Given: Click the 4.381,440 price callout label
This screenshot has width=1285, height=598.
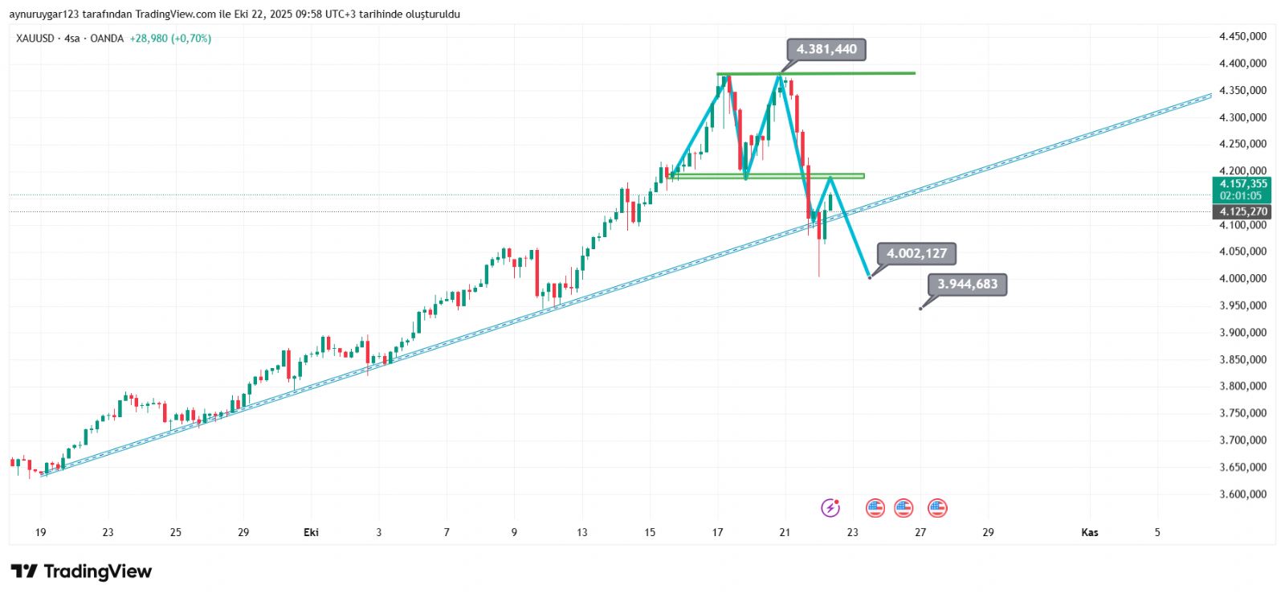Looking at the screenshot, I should pyautogui.click(x=826, y=50).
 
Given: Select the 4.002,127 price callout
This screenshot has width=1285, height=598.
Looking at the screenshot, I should pyautogui.click(x=916, y=254).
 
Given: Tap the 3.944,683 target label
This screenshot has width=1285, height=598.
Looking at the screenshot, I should pyautogui.click(x=967, y=285).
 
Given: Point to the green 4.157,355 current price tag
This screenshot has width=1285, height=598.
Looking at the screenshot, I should pyautogui.click(x=1242, y=184).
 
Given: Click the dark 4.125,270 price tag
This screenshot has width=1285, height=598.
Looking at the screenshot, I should pyautogui.click(x=1242, y=212).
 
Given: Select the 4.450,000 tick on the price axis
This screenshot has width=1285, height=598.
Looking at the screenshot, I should pyautogui.click(x=1242, y=36).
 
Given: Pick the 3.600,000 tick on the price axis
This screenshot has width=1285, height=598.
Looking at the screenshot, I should pyautogui.click(x=1242, y=494).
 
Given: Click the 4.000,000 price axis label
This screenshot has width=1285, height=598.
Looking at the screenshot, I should pyautogui.click(x=1242, y=279).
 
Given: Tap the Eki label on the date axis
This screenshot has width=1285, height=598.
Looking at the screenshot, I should pyautogui.click(x=311, y=532).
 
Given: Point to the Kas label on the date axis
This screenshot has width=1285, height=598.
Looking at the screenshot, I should pyautogui.click(x=1089, y=532).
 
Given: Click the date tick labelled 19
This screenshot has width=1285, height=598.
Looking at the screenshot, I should pyautogui.click(x=41, y=532).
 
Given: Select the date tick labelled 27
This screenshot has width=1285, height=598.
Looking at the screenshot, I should pyautogui.click(x=920, y=532).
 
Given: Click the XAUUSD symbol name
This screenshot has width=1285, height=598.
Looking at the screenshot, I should pyautogui.click(x=35, y=39).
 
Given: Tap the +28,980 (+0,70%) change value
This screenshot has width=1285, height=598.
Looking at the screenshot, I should pyautogui.click(x=170, y=39).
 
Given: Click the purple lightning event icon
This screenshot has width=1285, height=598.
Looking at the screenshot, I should pyautogui.click(x=830, y=508).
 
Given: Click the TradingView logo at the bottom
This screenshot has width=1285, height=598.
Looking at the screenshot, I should pyautogui.click(x=81, y=571).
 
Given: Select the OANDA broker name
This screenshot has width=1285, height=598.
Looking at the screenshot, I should pyautogui.click(x=107, y=39).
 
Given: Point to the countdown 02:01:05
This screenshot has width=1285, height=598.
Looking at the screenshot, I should pyautogui.click(x=1241, y=196).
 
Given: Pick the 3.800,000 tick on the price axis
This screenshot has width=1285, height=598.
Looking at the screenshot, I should pyautogui.click(x=1242, y=387).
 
